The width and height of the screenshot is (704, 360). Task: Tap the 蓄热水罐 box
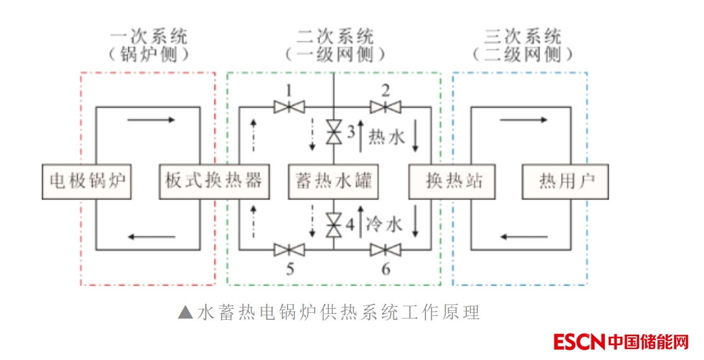(333, 181)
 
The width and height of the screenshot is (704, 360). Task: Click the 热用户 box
(565, 181)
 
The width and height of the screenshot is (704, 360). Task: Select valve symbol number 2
(385, 106)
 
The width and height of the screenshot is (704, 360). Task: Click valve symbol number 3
(334, 132)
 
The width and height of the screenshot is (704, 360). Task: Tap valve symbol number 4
(334, 224)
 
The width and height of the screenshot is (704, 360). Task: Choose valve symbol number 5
(290, 249)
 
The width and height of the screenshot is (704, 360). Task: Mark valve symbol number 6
(385, 249)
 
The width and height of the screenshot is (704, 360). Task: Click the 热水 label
(386, 137)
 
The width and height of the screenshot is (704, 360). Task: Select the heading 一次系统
(149, 36)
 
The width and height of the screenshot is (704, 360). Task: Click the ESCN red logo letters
(580, 341)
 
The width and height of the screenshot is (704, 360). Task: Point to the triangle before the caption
(186, 313)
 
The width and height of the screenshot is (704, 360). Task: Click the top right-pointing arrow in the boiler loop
(151, 120)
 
